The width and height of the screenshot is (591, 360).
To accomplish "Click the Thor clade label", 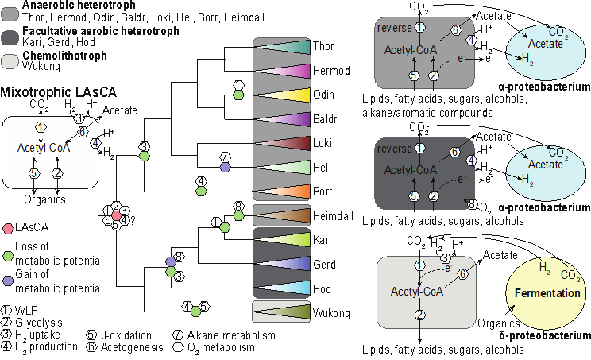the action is click(x=323, y=46).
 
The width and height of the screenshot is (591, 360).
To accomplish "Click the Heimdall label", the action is click(x=333, y=216).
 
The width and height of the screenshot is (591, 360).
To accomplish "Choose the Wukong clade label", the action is click(x=331, y=313).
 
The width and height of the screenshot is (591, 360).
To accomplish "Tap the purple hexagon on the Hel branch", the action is click(x=225, y=168).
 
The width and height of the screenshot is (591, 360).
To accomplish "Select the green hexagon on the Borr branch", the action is click(x=201, y=192).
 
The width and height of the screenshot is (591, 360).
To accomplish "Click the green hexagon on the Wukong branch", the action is click(x=195, y=312).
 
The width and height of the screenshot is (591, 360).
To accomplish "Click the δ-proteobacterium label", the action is click(x=545, y=335).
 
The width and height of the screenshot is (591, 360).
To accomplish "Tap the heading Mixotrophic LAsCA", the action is click(x=59, y=92).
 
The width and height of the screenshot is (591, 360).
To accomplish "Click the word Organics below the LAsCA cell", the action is click(x=44, y=199).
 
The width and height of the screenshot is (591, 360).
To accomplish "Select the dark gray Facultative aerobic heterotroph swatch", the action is click(x=10, y=37).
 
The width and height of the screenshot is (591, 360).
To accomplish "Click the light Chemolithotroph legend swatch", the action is click(x=10, y=61).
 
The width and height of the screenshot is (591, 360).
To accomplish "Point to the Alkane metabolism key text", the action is click(x=231, y=335).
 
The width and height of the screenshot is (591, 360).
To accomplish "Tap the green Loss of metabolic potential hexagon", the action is click(x=8, y=256).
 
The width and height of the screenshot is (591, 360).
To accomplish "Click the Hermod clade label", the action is click(x=331, y=71).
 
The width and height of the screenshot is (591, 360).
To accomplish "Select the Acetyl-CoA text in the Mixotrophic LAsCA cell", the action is click(x=44, y=148).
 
